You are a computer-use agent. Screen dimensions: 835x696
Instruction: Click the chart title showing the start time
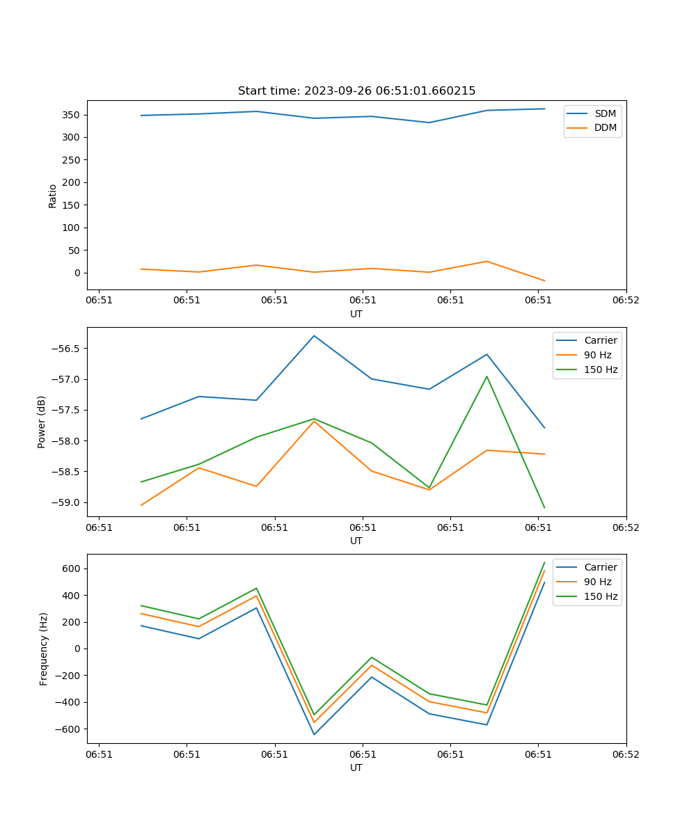point(356,91)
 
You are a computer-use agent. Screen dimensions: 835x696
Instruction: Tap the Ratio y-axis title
point(53,196)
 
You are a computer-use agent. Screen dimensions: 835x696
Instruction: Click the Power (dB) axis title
point(42,422)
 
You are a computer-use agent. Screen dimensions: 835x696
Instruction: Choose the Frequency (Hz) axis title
point(44,649)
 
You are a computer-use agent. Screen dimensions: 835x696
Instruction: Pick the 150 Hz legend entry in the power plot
point(600,370)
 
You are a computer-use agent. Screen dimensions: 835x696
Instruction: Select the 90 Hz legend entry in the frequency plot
point(597,582)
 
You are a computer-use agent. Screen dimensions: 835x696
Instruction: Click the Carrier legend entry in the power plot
point(600,341)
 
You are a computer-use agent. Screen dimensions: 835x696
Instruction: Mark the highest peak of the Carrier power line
point(314,336)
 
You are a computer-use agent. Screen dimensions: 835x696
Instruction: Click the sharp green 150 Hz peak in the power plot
point(487,376)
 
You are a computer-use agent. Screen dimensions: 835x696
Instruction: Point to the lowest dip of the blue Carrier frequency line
point(314,734)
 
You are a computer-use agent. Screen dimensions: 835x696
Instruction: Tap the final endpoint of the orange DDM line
point(544,281)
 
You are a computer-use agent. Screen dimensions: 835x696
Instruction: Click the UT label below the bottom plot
point(356,768)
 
